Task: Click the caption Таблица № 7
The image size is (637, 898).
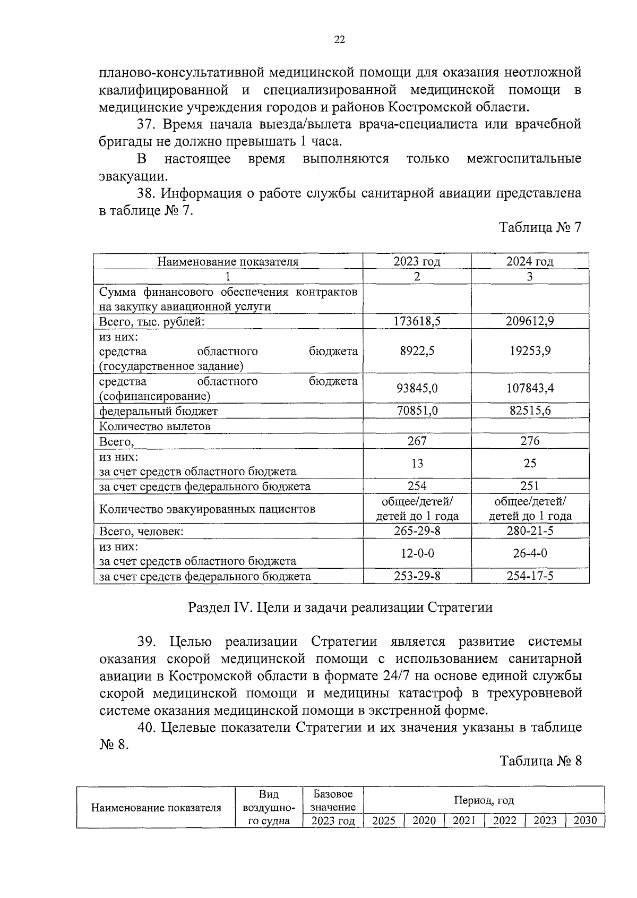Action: [540, 228]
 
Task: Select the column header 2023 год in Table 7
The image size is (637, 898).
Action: [417, 261]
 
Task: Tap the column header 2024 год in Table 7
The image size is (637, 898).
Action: [530, 261]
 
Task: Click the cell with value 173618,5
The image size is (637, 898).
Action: [417, 321]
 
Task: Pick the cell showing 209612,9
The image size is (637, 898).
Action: [530, 321]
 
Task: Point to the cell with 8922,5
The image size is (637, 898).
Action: [417, 351]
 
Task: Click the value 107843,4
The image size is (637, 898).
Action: [530, 388]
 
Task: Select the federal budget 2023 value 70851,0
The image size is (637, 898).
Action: [417, 411]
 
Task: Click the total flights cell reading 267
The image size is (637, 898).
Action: [417, 441]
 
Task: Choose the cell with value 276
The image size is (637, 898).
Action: [530, 441]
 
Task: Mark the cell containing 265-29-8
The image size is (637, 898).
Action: [417, 531]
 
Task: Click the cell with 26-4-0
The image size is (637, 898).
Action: [530, 553]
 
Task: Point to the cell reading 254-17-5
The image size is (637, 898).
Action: [530, 576]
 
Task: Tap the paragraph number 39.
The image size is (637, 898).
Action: [146, 642]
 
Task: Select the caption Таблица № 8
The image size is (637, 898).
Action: [540, 761]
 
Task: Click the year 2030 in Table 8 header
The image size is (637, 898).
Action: [585, 820]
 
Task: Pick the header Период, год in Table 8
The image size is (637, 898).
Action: [484, 800]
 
